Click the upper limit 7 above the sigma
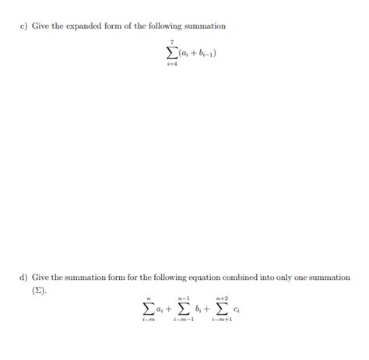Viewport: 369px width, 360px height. click(x=170, y=43)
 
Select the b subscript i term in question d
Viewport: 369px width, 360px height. click(x=201, y=310)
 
